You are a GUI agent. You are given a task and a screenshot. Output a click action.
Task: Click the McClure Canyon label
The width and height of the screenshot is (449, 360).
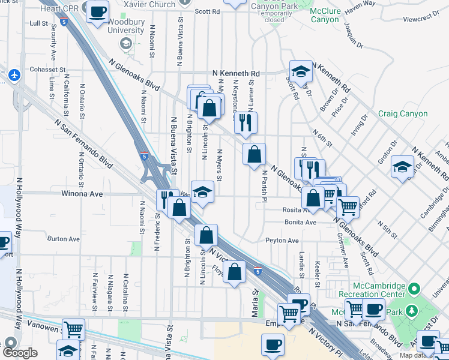click(x=325, y=15)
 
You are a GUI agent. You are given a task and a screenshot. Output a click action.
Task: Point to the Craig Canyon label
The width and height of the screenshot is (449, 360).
click(x=403, y=113)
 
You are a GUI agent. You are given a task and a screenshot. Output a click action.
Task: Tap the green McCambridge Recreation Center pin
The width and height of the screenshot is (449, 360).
click(x=412, y=290)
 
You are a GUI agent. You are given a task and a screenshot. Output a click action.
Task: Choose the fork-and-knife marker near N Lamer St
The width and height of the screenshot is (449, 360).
click(x=246, y=122)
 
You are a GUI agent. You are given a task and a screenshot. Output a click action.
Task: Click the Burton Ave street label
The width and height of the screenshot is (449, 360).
click(x=64, y=239)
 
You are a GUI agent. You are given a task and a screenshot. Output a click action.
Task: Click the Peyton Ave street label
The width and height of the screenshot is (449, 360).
click(x=282, y=241)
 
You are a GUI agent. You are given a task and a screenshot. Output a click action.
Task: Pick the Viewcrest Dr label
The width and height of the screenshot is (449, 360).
click(x=417, y=19)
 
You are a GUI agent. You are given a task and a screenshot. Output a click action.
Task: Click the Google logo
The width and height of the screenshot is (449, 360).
click(x=20, y=353)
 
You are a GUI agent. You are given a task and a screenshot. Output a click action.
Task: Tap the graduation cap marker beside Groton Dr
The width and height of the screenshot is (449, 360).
click(x=402, y=167)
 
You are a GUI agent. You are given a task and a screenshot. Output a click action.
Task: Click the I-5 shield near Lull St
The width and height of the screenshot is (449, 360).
click(x=63, y=22)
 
